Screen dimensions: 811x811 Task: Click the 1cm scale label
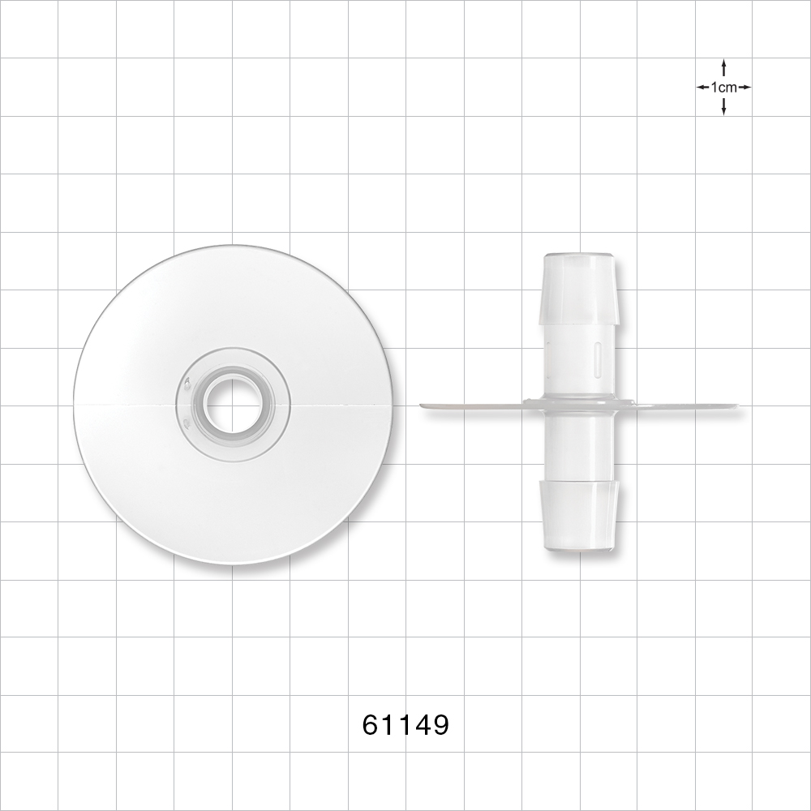723,87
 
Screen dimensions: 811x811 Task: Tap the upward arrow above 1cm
723,67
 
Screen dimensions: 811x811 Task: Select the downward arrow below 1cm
723,107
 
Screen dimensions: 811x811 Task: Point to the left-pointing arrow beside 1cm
702,87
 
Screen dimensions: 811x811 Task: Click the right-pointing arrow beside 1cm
744,87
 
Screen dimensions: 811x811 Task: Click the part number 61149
405,724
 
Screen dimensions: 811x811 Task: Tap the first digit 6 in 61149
371,724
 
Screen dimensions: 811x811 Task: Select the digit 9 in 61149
439,724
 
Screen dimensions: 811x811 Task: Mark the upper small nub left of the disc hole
187,382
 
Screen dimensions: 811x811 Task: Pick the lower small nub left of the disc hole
187,423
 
